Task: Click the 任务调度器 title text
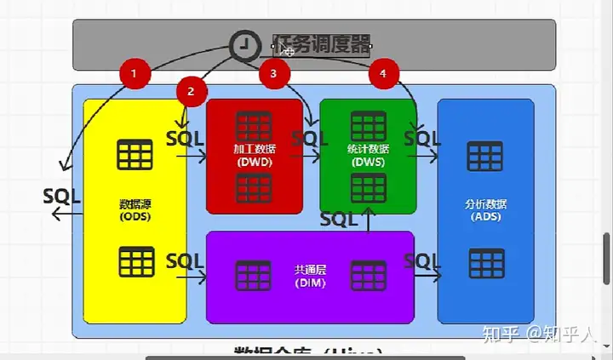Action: pyautogui.click(x=321, y=45)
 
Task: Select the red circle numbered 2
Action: pyautogui.click(x=192, y=91)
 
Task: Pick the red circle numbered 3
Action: pyautogui.click(x=272, y=74)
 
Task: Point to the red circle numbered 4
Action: pyautogui.click(x=383, y=74)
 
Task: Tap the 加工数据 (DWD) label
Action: pyautogui.click(x=254, y=154)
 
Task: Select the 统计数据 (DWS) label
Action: pyautogui.click(x=367, y=154)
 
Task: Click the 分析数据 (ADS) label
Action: pyautogui.click(x=485, y=209)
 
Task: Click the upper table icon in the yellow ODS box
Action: pyautogui.click(x=135, y=155)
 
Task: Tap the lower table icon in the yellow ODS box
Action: pyautogui.click(x=135, y=261)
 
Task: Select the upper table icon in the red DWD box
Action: pyautogui.click(x=254, y=126)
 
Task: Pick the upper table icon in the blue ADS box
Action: pyautogui.click(x=485, y=157)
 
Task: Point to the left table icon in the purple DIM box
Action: pyautogui.click(x=253, y=275)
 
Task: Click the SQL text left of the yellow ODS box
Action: pyautogui.click(x=61, y=196)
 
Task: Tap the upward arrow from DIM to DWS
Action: pyautogui.click(x=368, y=220)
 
